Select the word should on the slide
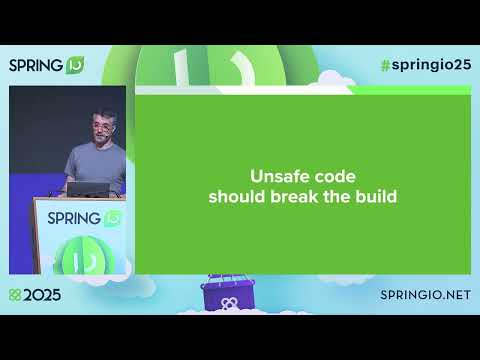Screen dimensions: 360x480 click(237, 196)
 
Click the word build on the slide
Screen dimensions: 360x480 click(374, 196)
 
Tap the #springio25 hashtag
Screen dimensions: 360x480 click(424, 65)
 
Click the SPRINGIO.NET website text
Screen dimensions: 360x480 click(425, 296)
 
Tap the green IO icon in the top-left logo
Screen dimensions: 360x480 click(77, 66)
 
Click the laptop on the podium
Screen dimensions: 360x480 click(87, 189)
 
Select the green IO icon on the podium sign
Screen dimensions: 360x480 click(112, 218)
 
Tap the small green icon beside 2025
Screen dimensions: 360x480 click(14, 296)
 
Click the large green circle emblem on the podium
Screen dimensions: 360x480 click(88, 258)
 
